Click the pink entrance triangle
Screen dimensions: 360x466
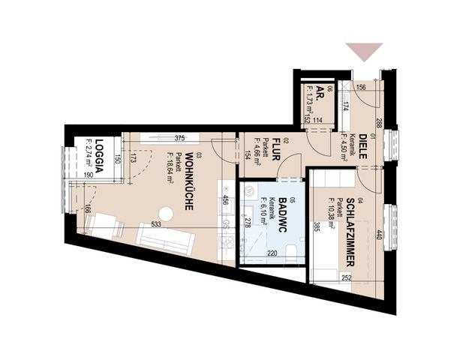tap(364, 52)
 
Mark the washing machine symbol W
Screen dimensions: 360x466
tap(250, 191)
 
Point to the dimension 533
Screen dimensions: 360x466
tap(155, 223)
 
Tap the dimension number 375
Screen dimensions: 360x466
tap(179, 138)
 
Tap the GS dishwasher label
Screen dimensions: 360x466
tap(225, 224)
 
